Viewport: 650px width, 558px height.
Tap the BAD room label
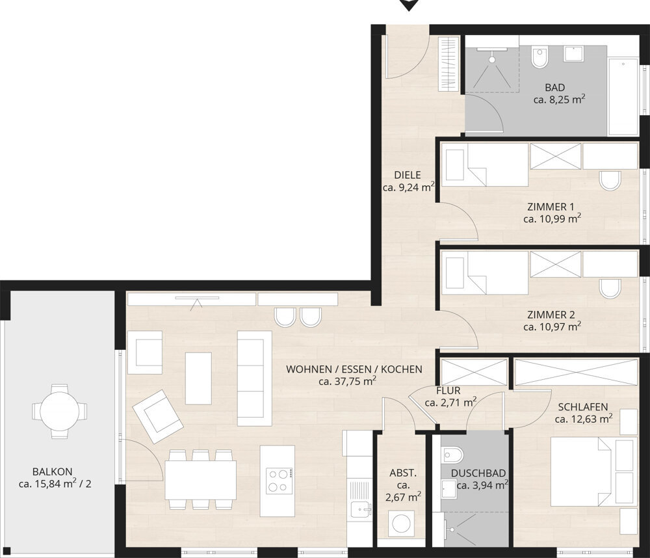554,88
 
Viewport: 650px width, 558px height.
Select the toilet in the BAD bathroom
539,58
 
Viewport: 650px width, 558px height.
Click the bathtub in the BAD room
623,96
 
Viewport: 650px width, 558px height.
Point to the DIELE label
408,175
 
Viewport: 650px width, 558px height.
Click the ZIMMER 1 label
551,207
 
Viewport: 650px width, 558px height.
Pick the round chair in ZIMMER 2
610,288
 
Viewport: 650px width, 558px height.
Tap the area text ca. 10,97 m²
552,326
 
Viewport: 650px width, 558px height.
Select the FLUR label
448,390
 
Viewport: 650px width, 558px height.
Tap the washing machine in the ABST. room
401,524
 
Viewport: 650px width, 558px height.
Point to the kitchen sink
361,509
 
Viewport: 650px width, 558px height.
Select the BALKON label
52,472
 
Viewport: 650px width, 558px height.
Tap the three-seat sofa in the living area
255,379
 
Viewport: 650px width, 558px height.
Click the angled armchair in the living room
158,416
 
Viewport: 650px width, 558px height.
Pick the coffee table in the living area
198,379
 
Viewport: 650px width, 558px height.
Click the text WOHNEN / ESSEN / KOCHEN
354,369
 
